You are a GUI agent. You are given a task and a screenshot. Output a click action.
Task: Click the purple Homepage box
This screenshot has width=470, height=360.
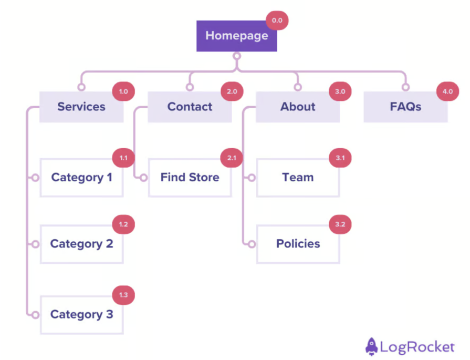click(236, 36)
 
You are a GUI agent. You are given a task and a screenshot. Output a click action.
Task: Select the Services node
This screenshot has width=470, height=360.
click(81, 107)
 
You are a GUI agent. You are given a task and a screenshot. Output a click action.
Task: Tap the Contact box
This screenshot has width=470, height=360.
click(190, 107)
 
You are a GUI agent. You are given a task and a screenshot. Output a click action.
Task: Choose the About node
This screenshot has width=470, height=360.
click(298, 107)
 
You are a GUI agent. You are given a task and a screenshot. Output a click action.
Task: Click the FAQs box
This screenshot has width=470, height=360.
click(405, 107)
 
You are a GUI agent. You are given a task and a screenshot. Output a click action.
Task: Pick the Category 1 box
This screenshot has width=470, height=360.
click(81, 178)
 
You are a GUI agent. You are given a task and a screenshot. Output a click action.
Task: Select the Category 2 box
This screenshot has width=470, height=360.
click(81, 244)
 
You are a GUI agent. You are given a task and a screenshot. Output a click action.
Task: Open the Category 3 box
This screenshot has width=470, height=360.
click(81, 315)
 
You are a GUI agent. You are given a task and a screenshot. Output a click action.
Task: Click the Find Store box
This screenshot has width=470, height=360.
click(190, 178)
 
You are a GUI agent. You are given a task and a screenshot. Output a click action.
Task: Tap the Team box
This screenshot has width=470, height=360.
click(298, 178)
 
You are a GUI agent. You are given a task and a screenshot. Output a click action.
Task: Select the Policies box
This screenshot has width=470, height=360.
click(298, 244)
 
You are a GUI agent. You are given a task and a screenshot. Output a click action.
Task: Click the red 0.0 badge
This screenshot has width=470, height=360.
click(277, 21)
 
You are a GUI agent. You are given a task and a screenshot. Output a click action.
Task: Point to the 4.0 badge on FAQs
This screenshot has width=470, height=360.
click(447, 91)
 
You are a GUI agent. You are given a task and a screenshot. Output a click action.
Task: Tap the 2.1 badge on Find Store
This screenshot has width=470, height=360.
click(232, 158)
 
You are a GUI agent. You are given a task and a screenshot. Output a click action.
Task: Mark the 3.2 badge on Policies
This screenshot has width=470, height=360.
click(340, 224)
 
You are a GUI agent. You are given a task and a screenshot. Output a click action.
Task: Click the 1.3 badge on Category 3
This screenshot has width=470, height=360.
click(123, 295)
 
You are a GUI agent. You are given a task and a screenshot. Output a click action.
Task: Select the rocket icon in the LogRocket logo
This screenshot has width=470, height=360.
click(371, 346)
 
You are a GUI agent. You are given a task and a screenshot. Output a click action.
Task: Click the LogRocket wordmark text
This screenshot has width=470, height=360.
click(417, 347)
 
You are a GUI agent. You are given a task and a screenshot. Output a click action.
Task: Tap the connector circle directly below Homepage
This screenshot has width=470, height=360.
click(237, 56)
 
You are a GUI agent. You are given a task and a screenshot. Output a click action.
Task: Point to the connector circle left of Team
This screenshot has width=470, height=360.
click(252, 178)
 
